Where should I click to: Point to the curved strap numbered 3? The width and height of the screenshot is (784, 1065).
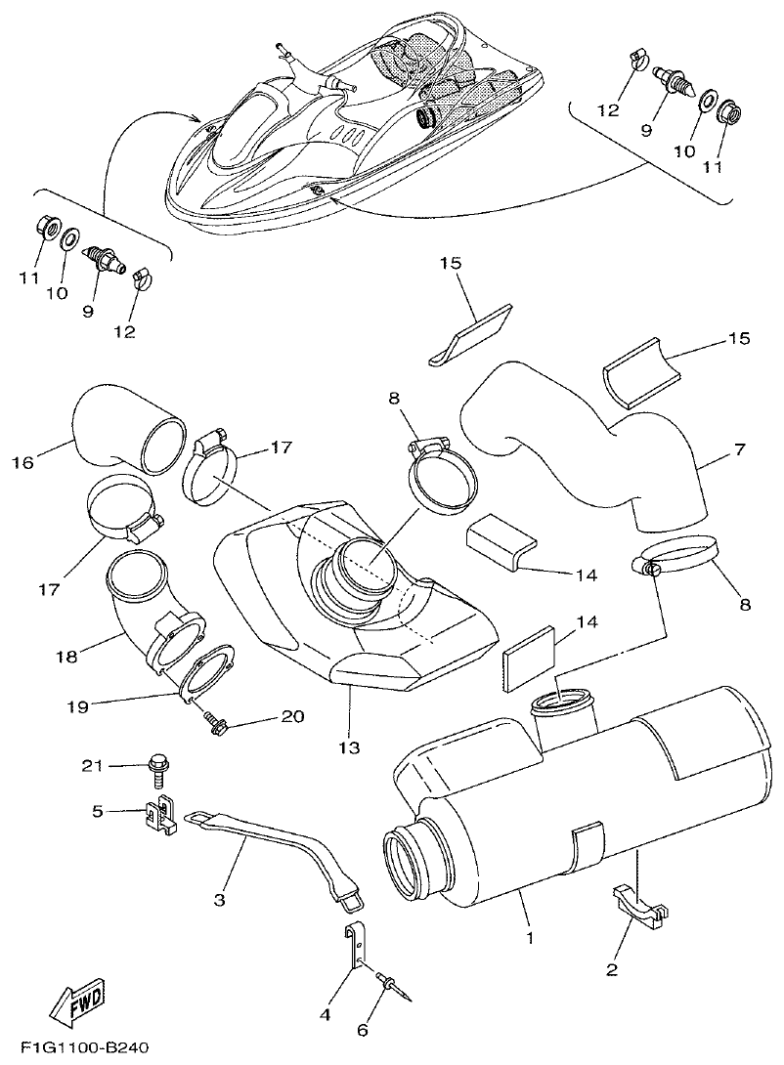[273, 854]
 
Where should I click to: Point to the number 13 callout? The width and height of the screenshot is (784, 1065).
[349, 747]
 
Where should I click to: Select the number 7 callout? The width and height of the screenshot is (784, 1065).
[740, 449]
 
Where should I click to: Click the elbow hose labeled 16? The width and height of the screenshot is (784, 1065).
[127, 430]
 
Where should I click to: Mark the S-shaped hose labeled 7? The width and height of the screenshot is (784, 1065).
[587, 440]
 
